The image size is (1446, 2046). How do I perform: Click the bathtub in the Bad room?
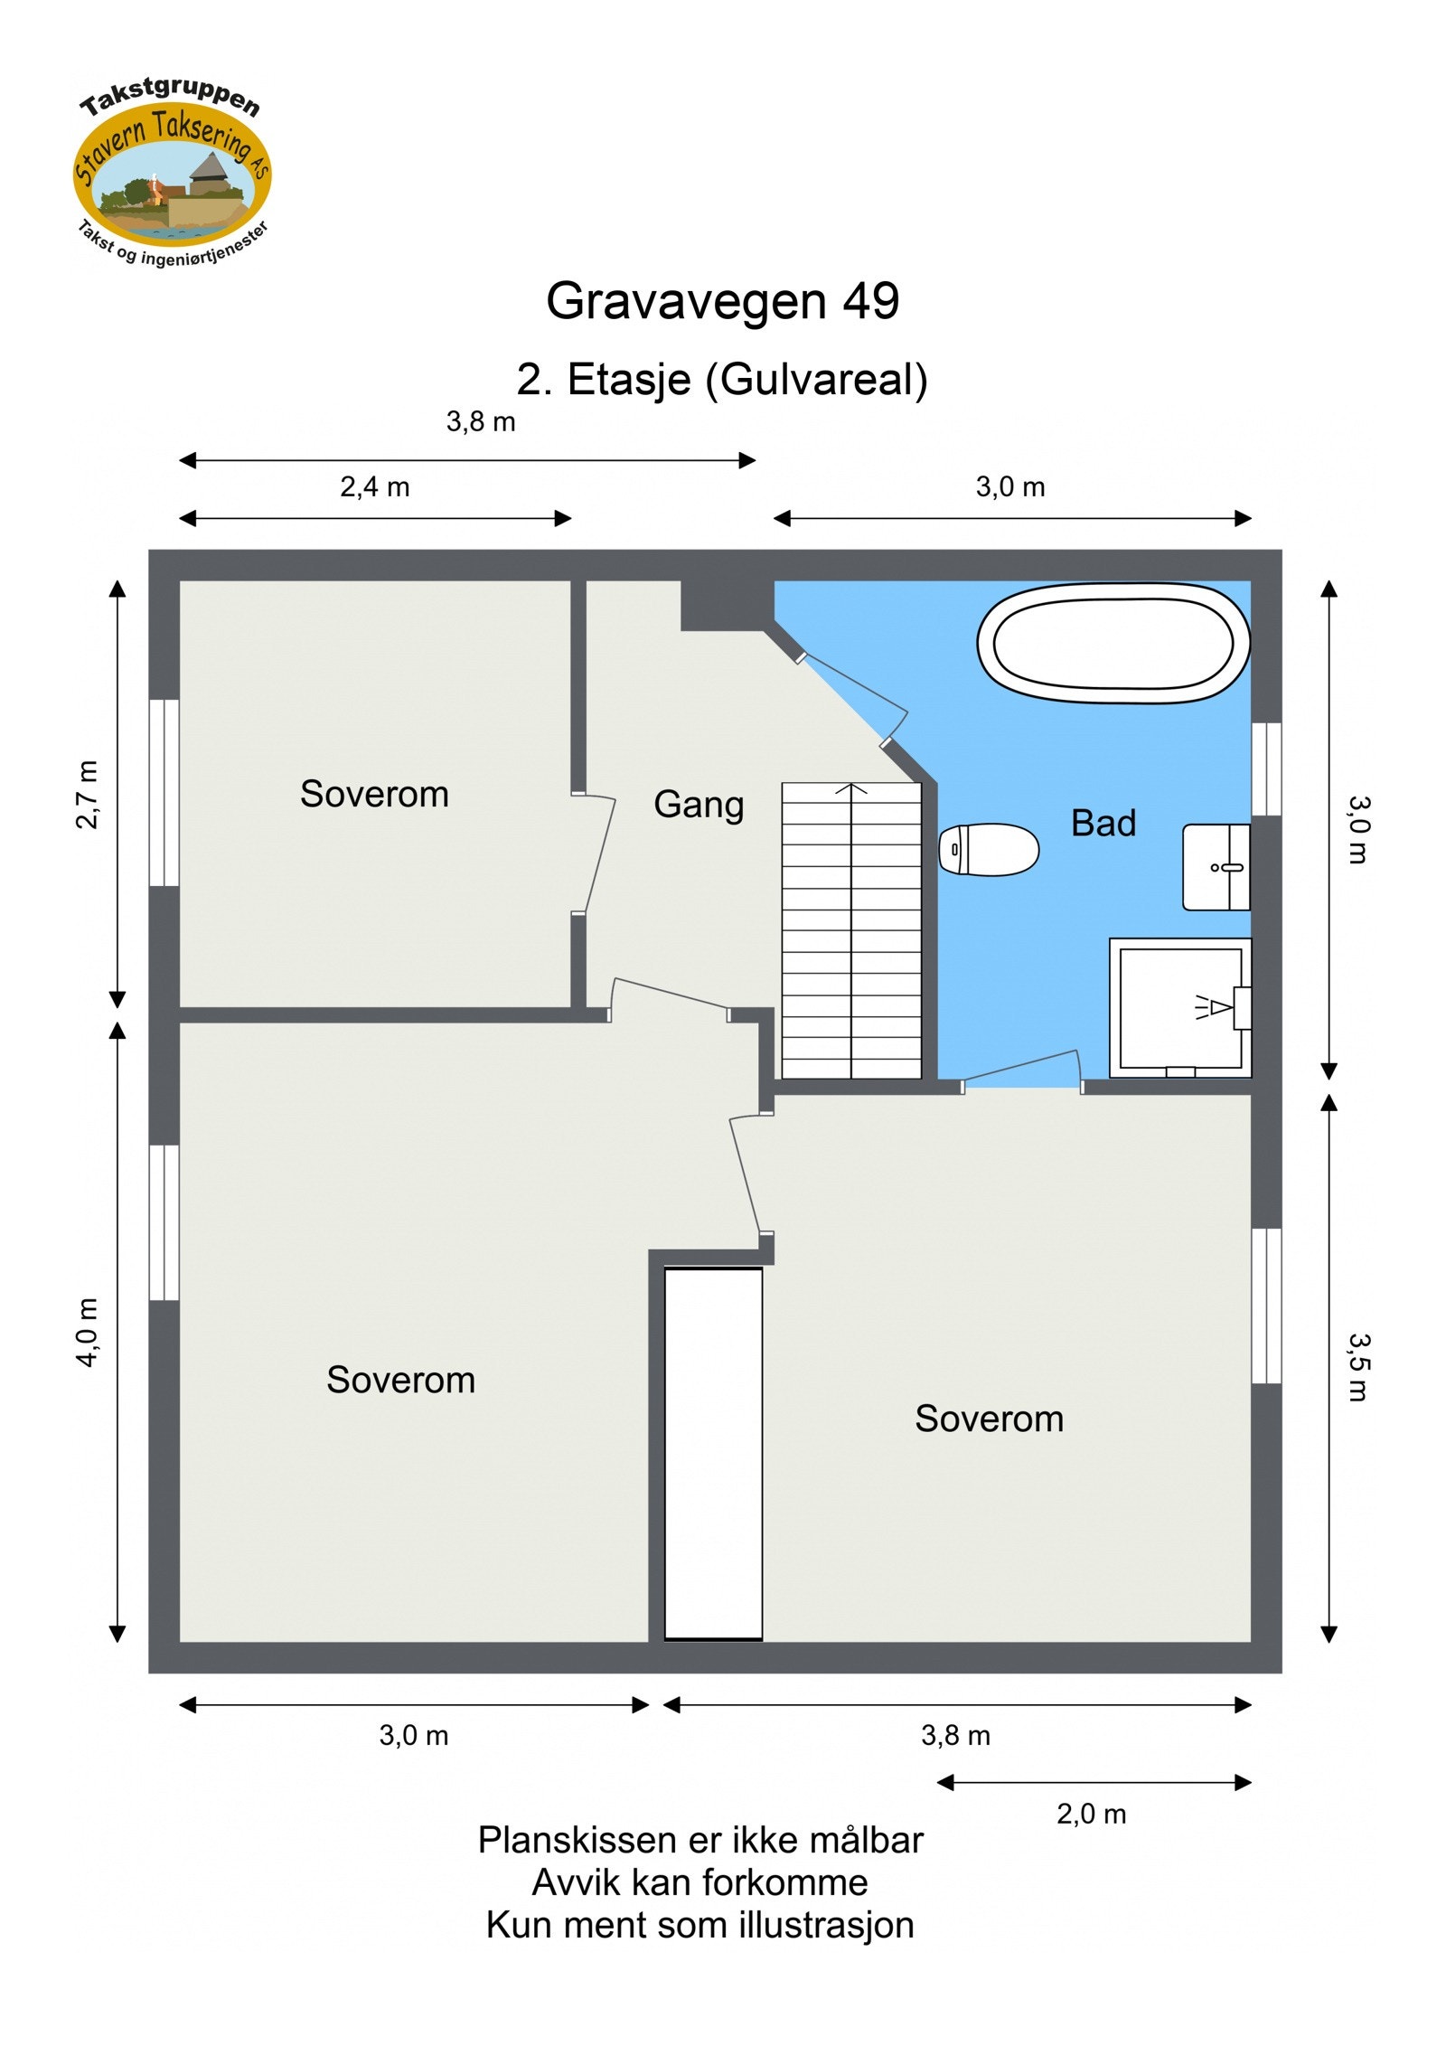[1113, 643]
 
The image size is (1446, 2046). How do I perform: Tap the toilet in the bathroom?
[988, 849]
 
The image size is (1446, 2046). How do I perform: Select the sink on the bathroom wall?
[1216, 867]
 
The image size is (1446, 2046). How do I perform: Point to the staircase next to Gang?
[851, 930]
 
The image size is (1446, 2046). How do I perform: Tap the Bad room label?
[1103, 823]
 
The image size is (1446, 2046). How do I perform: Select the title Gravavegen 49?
[723, 300]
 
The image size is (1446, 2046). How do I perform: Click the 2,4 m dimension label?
[375, 487]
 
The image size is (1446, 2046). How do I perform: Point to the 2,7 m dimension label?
[88, 795]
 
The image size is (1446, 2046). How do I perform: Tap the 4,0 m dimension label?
[88, 1333]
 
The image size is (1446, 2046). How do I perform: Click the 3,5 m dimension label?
[1358, 1367]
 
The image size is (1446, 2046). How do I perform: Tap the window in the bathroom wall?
[1266, 768]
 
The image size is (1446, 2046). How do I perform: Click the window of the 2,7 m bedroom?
[164, 792]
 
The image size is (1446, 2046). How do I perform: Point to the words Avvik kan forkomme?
[700, 1883]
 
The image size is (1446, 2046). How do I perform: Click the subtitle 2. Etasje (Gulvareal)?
[722, 380]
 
